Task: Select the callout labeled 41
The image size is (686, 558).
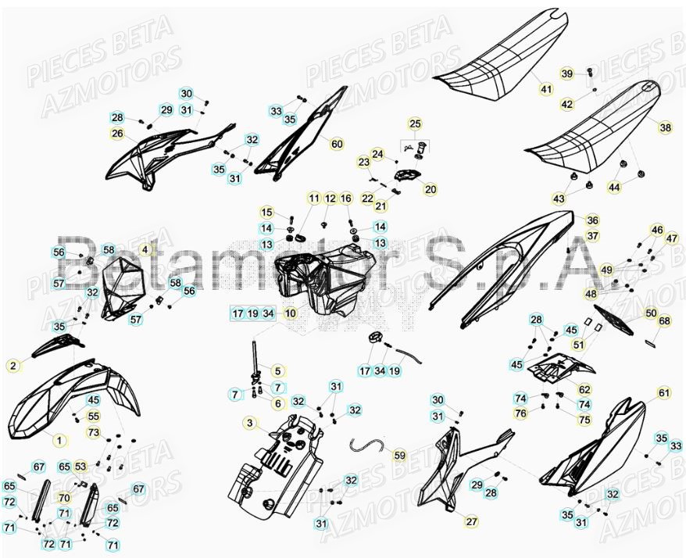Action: tap(545, 89)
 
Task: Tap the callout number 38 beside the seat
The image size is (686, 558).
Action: tap(665, 127)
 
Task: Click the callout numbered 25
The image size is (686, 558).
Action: tap(415, 123)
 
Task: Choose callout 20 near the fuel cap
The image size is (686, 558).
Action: tap(431, 188)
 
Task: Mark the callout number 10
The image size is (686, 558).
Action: tap(290, 313)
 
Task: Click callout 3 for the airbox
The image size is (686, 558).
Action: tap(249, 423)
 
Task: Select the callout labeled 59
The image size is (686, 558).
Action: tap(399, 454)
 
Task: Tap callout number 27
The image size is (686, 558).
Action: tap(471, 521)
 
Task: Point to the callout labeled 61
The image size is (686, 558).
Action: tap(663, 392)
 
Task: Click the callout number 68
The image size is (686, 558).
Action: tap(664, 321)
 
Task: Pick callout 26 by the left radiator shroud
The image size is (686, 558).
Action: tap(117, 134)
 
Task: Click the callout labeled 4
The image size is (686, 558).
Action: tap(145, 249)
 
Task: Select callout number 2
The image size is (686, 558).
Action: tap(13, 365)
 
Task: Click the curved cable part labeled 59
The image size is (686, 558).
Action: tap(367, 445)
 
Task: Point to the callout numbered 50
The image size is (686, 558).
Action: tap(651, 313)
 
